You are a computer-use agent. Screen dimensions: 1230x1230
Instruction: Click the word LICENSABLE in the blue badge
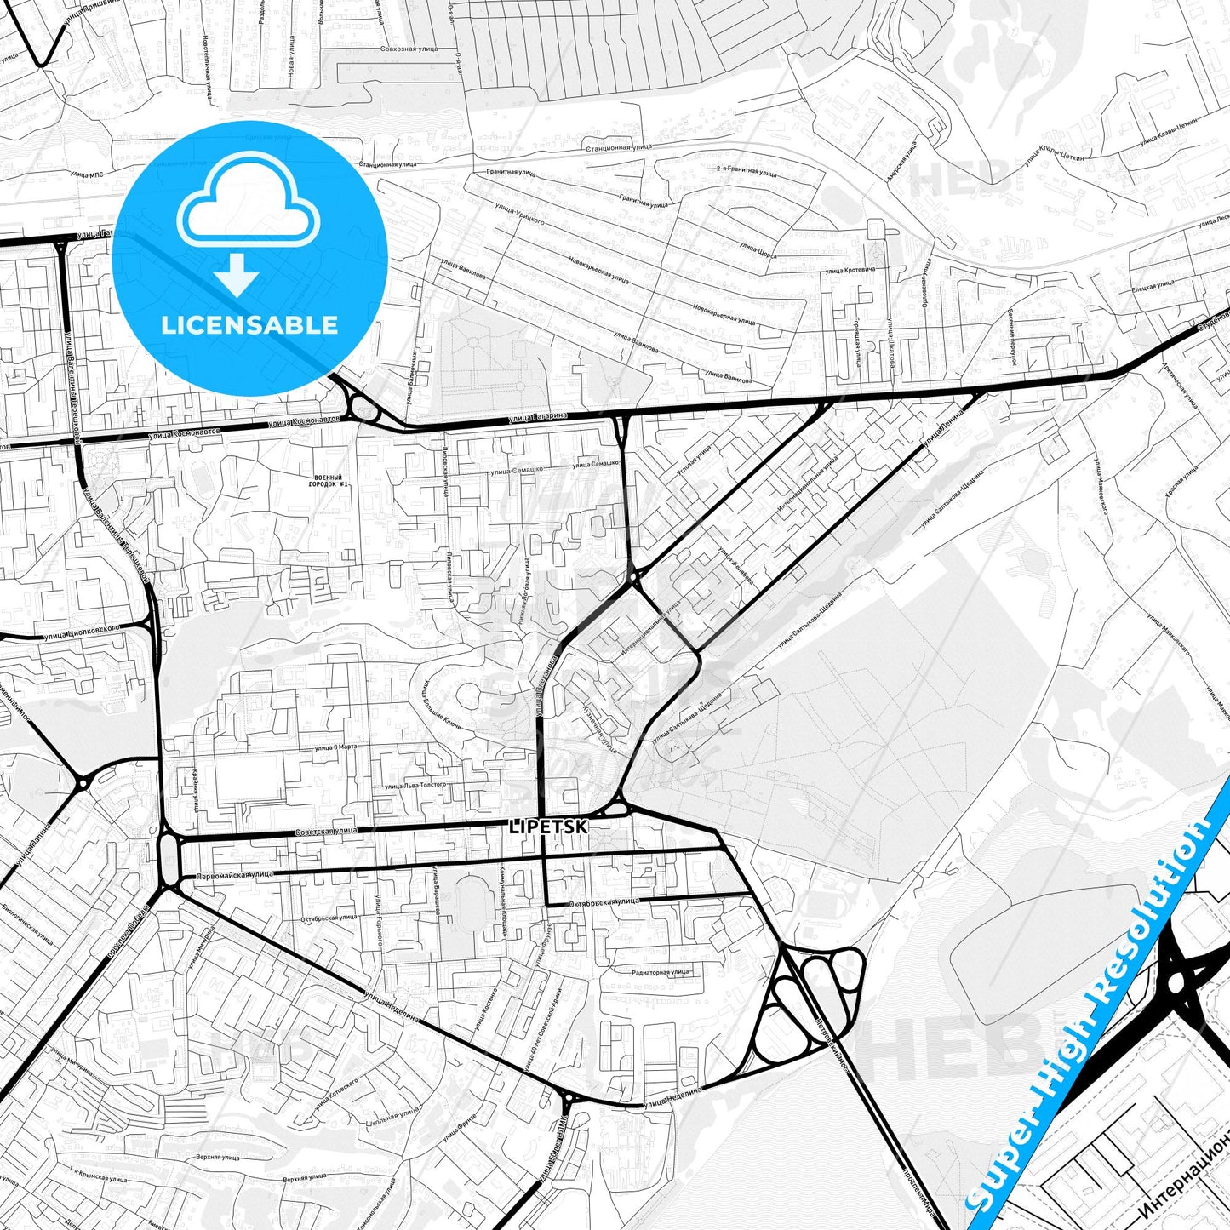point(249,324)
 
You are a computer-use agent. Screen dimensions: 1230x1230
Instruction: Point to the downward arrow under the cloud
point(237,276)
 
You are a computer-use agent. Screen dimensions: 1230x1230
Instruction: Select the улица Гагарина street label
point(537,417)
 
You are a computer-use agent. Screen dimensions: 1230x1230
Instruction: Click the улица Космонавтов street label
point(304,421)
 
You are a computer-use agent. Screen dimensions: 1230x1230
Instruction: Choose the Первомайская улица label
point(235,875)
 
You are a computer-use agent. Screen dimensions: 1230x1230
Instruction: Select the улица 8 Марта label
point(336,747)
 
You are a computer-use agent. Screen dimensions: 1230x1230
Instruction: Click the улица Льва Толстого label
point(415,787)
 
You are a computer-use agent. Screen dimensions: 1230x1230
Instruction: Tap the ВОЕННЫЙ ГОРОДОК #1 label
point(329,481)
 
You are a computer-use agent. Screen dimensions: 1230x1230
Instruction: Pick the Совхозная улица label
point(409,49)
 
